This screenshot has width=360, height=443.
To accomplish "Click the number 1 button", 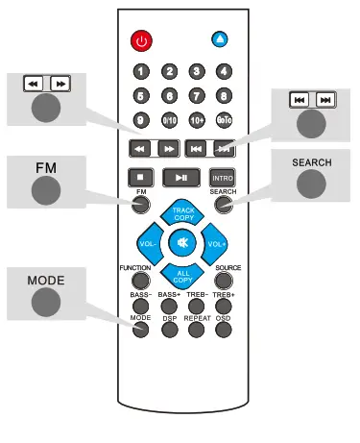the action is click(x=142, y=71).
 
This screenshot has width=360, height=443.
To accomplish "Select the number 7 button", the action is click(x=197, y=96).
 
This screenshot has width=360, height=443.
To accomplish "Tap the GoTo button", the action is click(x=224, y=121).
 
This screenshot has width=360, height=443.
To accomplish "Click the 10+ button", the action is click(x=197, y=121).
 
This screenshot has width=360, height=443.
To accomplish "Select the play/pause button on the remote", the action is click(x=180, y=178).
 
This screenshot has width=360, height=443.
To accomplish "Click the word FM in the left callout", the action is click(x=47, y=166).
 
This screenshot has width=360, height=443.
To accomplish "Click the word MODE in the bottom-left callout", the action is click(x=44, y=280).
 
